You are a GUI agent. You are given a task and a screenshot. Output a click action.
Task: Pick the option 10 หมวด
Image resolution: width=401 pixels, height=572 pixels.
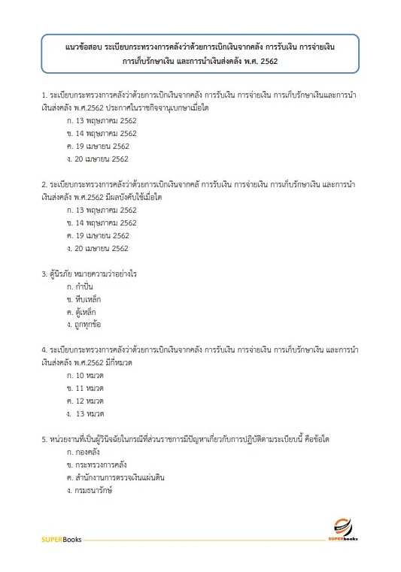click(x=84, y=374)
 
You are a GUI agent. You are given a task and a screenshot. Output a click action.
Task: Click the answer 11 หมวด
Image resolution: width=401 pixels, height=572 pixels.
click(x=84, y=387)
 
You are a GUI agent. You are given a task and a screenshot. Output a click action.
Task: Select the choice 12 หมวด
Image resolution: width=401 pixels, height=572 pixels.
click(x=84, y=401)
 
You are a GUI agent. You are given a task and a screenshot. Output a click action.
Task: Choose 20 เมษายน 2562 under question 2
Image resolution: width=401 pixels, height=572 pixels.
click(x=98, y=248)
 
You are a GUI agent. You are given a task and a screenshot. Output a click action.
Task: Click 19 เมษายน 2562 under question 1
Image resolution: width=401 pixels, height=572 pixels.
click(x=98, y=146)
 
